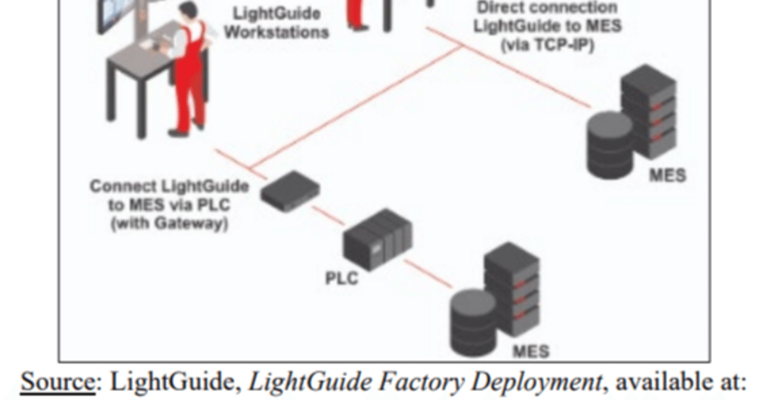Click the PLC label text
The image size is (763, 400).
pos(342,278)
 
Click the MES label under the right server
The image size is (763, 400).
pos(667,175)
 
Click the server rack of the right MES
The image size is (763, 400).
pos(648,113)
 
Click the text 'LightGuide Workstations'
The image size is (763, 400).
pos(276,22)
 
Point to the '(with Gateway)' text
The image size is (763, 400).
pos(169,224)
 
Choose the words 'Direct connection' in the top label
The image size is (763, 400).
pos(547,8)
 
